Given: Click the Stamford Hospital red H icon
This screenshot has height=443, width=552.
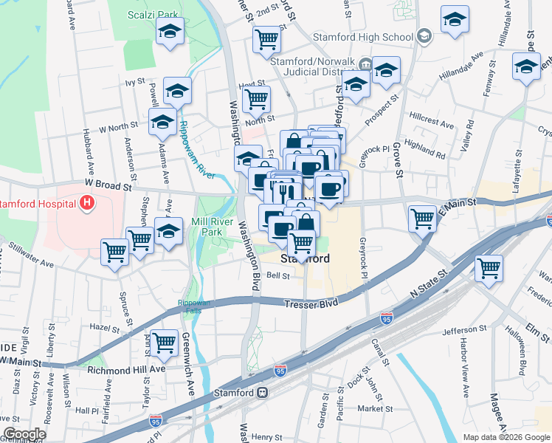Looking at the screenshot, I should pos(87,202).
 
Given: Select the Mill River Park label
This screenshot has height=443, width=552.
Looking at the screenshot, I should pos(207,227).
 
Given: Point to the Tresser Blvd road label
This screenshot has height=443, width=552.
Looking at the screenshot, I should pos(318,303).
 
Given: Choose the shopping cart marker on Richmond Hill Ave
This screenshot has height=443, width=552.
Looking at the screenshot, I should pos(165,343).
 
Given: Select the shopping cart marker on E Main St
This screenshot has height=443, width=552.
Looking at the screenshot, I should pos(422,218).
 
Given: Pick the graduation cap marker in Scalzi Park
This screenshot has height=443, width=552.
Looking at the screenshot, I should pos(170,32).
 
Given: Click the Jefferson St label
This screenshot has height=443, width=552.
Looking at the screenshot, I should pos(464,330).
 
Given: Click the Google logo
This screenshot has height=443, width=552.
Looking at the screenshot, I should pos(24,434).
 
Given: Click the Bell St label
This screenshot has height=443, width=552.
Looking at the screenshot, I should pos(277,276).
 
